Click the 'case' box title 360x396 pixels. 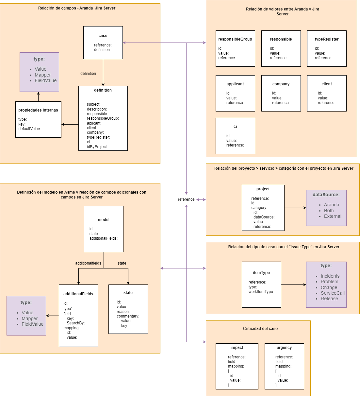coord(103,36)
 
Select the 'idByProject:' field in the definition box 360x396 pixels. coord(97,147)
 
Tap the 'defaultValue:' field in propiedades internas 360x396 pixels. coord(30,129)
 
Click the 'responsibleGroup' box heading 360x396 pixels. coord(235,39)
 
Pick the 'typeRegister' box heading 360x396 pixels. coord(326,39)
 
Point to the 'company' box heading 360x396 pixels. coord(281,84)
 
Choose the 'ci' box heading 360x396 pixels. coord(235,127)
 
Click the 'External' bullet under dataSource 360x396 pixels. coord(332,216)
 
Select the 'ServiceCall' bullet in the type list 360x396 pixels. coord(332,293)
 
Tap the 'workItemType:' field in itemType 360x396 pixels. coord(261,292)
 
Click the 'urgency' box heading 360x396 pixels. coord(284,347)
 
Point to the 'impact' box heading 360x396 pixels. coord(237,347)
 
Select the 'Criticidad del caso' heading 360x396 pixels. coord(260,329)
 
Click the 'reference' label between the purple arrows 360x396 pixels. coord(186,199)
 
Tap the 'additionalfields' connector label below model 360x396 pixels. coord(88,263)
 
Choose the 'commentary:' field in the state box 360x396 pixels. coord(128,316)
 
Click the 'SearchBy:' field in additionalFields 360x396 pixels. coord(75,323)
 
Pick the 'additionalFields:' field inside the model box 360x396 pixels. coord(103,238)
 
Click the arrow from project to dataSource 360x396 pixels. coord(295,208)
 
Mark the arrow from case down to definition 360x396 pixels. coord(103,73)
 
